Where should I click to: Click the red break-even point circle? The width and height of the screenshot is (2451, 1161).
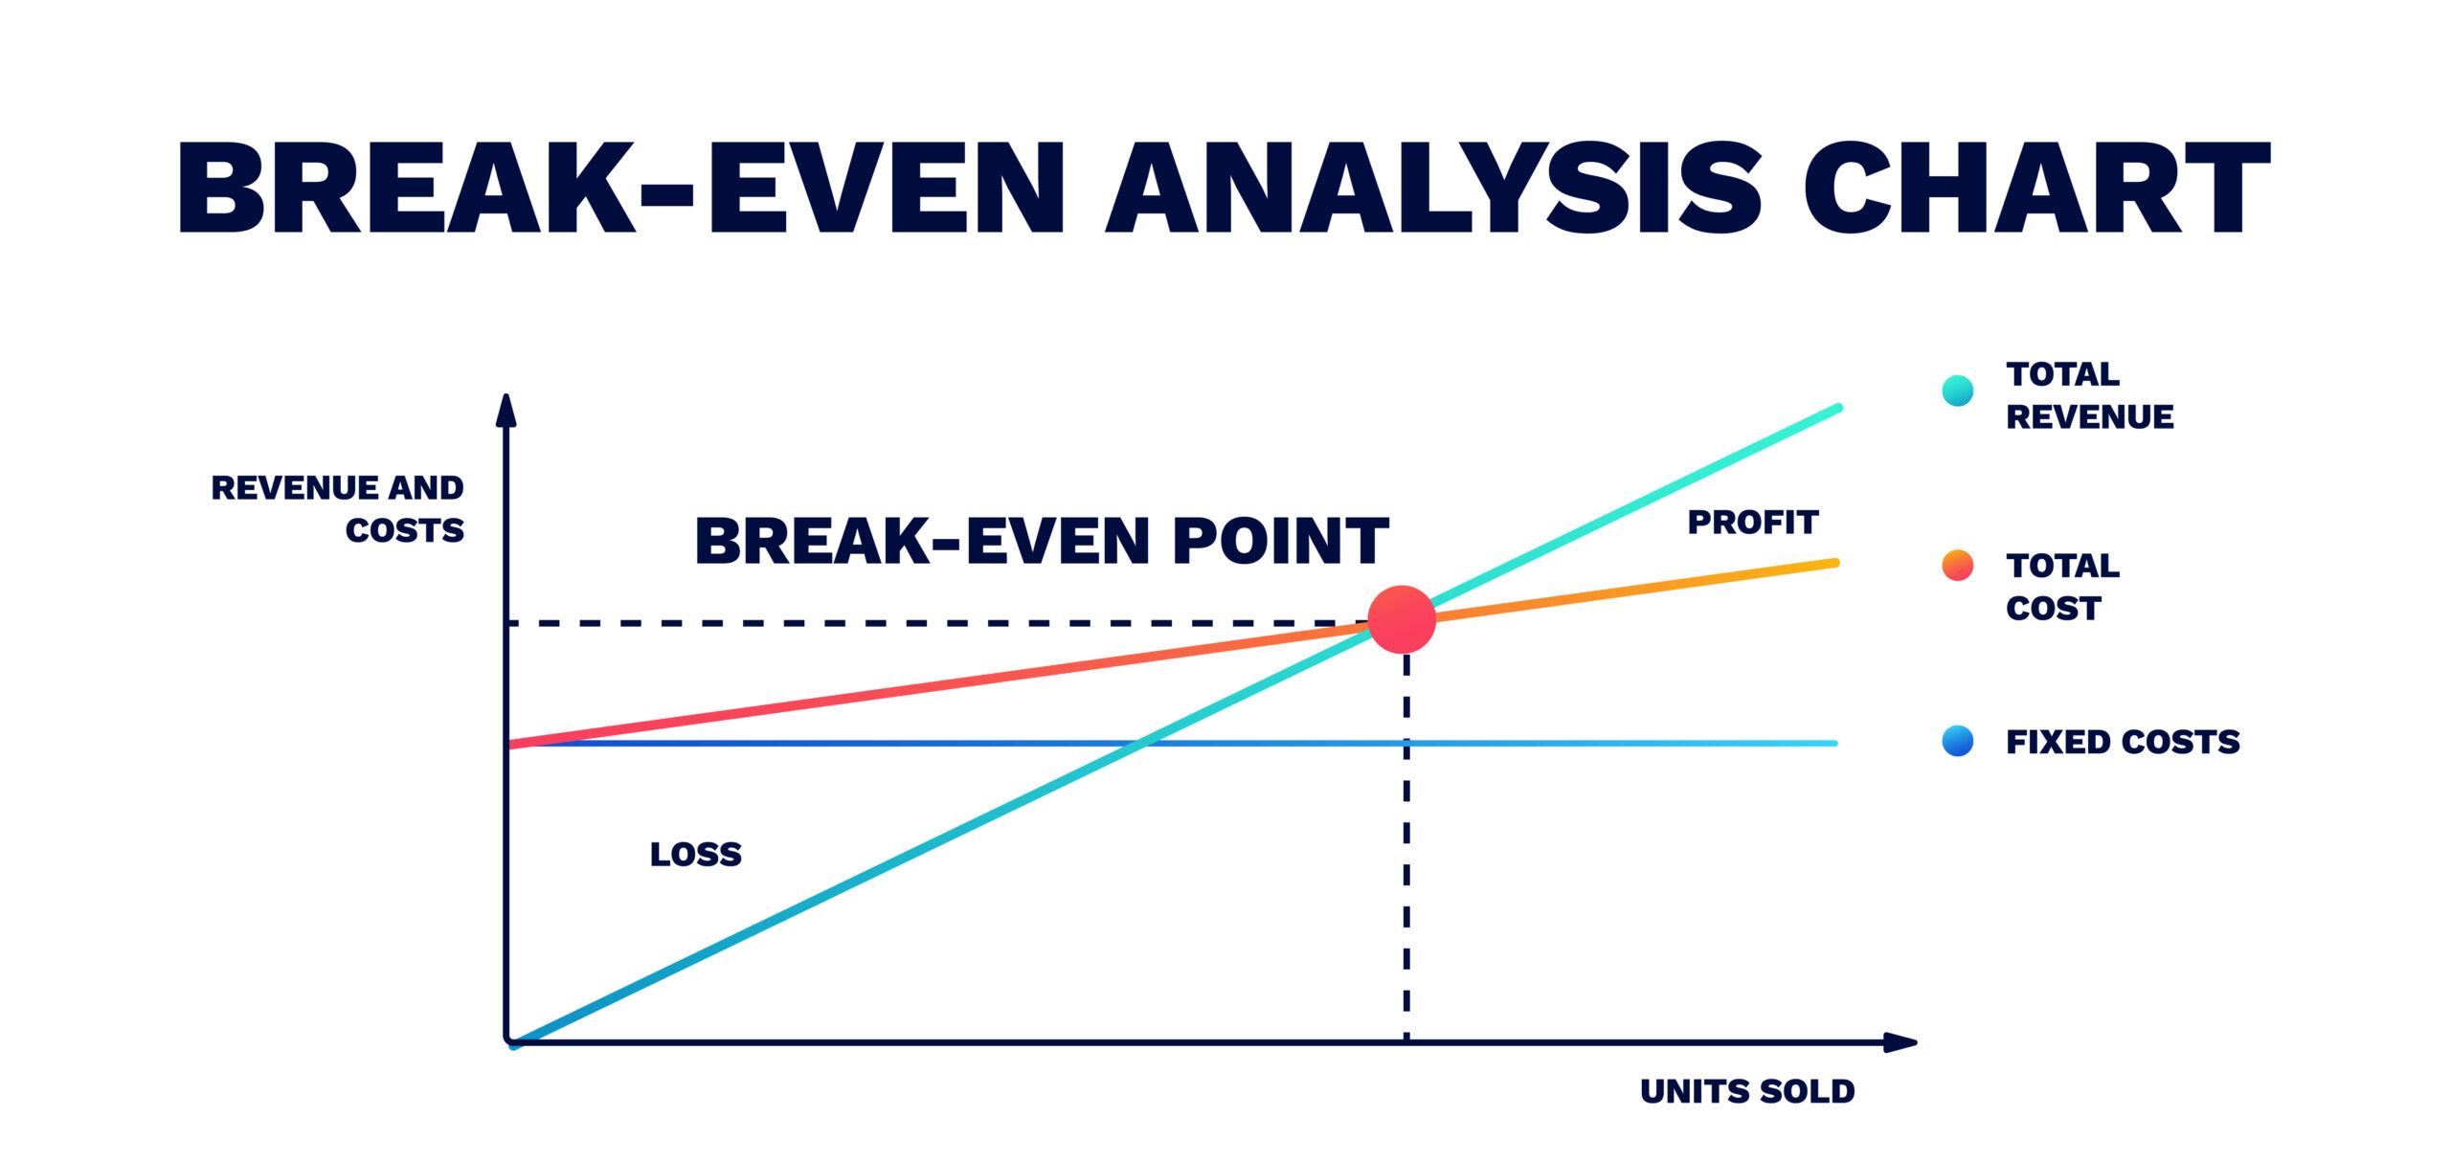click(1402, 619)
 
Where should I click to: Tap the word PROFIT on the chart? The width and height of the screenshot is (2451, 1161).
click(1752, 523)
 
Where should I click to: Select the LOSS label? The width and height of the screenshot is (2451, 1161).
click(696, 854)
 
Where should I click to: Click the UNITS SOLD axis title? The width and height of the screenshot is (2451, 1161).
click(1747, 1091)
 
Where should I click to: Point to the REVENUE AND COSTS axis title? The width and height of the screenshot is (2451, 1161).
click(338, 508)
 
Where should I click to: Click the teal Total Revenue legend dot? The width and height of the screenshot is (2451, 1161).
click(1958, 391)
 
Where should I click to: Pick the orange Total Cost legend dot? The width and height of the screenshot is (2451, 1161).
click(1958, 566)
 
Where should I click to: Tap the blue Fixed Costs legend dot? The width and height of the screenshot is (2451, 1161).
click(1958, 741)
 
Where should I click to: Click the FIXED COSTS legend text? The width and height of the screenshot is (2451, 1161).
click(2123, 742)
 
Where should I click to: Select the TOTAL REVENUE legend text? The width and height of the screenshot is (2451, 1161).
click(2089, 395)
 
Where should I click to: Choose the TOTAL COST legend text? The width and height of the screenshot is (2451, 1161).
click(2062, 587)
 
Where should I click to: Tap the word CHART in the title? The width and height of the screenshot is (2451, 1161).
click(2037, 188)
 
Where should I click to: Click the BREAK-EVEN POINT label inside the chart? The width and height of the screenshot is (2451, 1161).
click(1042, 541)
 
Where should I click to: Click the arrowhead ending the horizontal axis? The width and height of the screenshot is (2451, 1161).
click(1900, 1042)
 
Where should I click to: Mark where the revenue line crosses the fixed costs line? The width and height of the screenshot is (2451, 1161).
click(1139, 743)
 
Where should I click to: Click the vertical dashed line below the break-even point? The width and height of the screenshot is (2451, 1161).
click(1406, 848)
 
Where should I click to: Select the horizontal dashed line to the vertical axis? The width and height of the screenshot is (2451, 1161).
click(938, 623)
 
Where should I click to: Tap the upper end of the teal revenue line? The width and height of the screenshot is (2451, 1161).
click(1838, 409)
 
